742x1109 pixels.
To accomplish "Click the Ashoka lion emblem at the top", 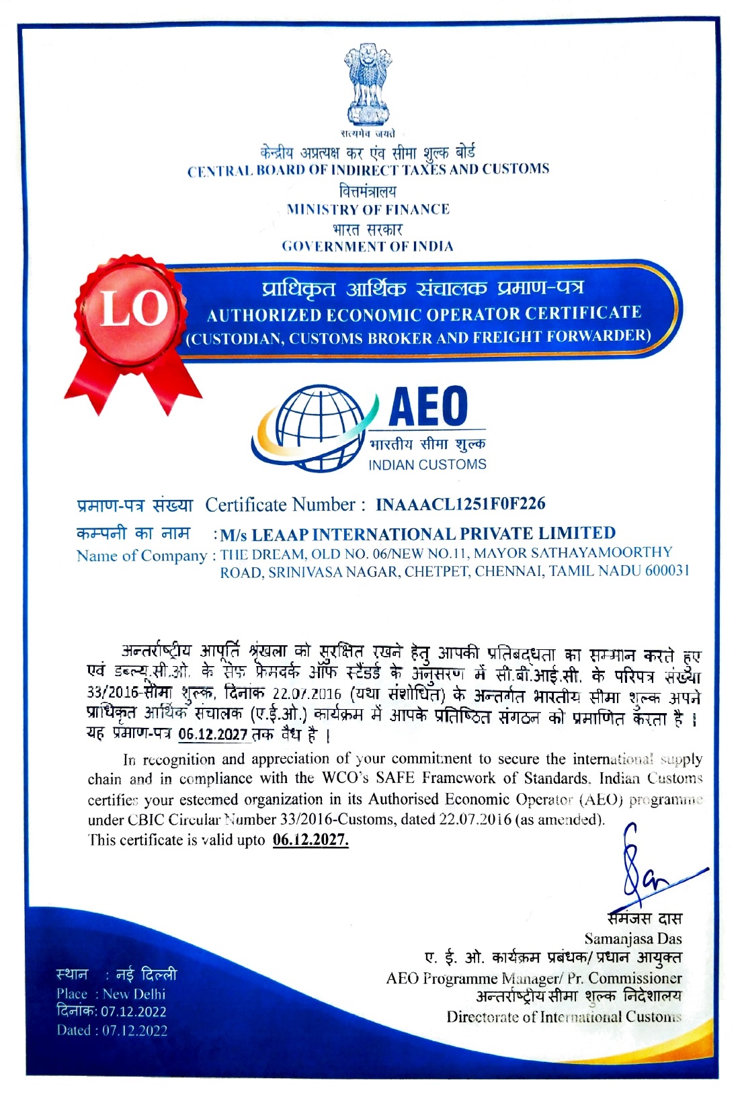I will pyautogui.click(x=368, y=84).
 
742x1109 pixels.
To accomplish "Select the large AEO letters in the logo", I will pyautogui.click(x=428, y=406).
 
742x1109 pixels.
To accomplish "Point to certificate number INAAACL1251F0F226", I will pyautogui.click(x=460, y=504).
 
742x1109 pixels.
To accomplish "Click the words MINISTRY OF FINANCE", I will pyautogui.click(x=368, y=209).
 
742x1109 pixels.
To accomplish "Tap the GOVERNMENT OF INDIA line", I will pyautogui.click(x=368, y=246).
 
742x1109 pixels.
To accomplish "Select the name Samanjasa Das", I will pyautogui.click(x=632, y=938).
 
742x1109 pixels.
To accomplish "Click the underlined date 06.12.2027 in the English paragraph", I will pyautogui.click(x=311, y=840).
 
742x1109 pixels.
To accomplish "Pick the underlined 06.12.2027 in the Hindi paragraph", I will pyautogui.click(x=213, y=735).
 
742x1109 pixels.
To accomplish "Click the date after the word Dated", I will pyautogui.click(x=134, y=1030).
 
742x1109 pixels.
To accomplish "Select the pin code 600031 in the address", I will pyautogui.click(x=667, y=571).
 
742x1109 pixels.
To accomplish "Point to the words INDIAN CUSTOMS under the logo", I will pyautogui.click(x=427, y=464).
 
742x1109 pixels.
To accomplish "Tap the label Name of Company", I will pyautogui.click(x=141, y=556).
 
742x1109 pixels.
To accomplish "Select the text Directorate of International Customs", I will pyautogui.click(x=563, y=1016).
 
